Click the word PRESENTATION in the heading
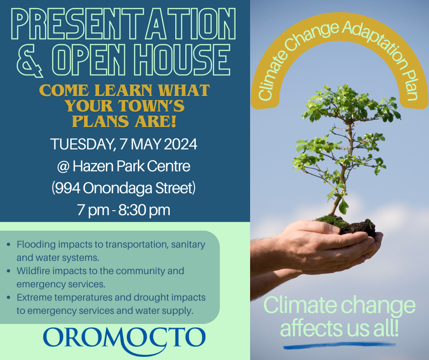tap(124, 24)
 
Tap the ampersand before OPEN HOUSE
tap(30, 60)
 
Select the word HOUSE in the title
tap(182, 60)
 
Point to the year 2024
tap(180, 144)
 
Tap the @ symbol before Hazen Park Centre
tap(63, 167)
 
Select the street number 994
tap(67, 188)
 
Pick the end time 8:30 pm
tap(144, 211)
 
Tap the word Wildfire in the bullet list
tap(33, 270)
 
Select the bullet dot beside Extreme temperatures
tap(9, 297)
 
